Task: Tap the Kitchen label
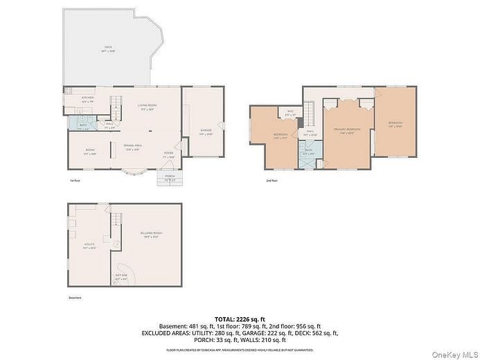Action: click(88, 99)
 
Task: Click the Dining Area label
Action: click(133, 147)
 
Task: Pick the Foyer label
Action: click(168, 154)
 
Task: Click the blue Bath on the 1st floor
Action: click(83, 125)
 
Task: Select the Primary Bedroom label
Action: click(347, 131)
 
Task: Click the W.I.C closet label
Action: click(288, 115)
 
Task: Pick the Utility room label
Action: click(89, 245)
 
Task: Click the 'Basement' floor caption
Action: click(75, 298)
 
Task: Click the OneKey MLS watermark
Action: click(455, 354)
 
